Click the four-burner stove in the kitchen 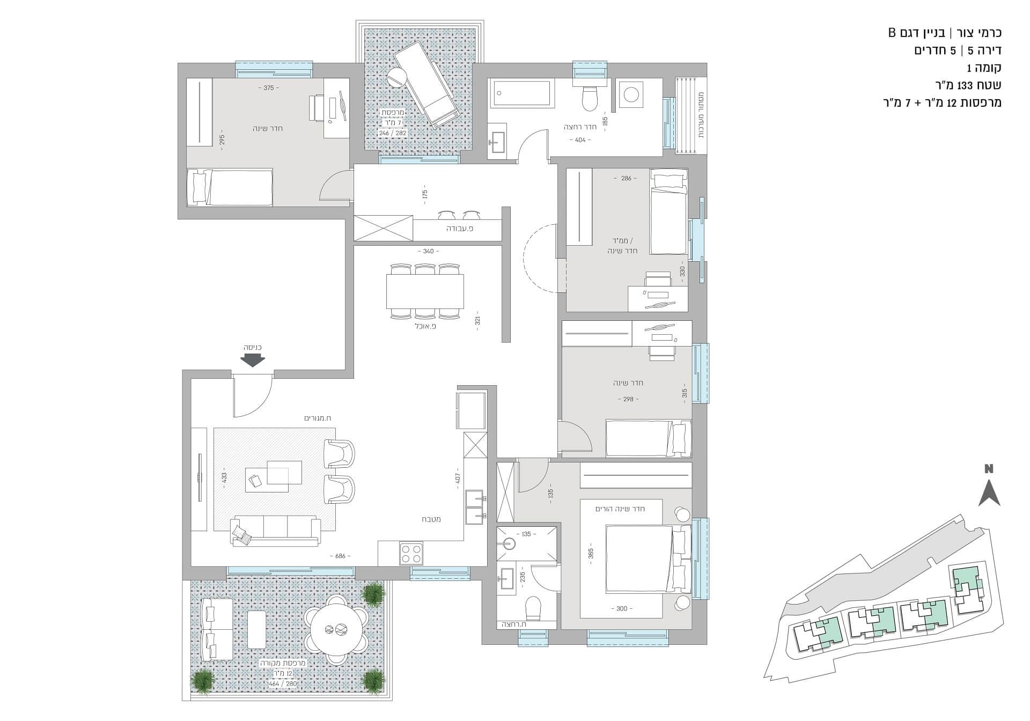[x=411, y=554]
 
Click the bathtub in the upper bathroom [x=520, y=94]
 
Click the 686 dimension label [x=341, y=556]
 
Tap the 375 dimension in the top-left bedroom [x=269, y=88]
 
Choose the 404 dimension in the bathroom [x=580, y=139]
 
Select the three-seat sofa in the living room [x=274, y=531]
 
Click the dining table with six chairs [x=425, y=292]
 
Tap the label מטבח [x=431, y=519]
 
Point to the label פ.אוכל [x=425, y=326]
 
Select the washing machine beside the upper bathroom [x=631, y=94]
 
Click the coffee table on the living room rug [x=274, y=475]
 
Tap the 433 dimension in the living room [x=224, y=476]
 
